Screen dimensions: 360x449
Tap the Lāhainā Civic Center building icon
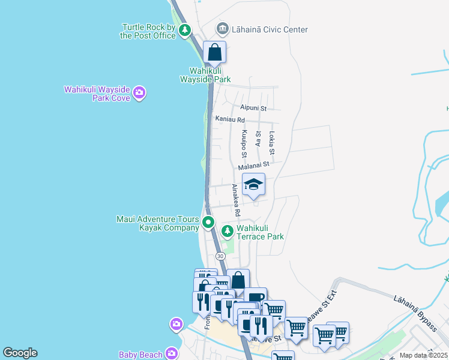(x=223, y=29)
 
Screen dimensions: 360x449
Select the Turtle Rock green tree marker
(x=185, y=29)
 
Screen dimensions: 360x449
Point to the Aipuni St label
(x=253, y=108)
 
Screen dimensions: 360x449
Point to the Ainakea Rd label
(x=236, y=200)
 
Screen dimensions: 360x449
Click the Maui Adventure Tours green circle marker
(x=208, y=223)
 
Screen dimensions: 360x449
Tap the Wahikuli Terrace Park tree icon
(x=228, y=231)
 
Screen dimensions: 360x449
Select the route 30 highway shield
(x=220, y=256)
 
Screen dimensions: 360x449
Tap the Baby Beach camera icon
(x=172, y=353)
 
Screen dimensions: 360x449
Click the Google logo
(x=20, y=353)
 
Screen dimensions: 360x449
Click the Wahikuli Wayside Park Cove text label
(x=97, y=94)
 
